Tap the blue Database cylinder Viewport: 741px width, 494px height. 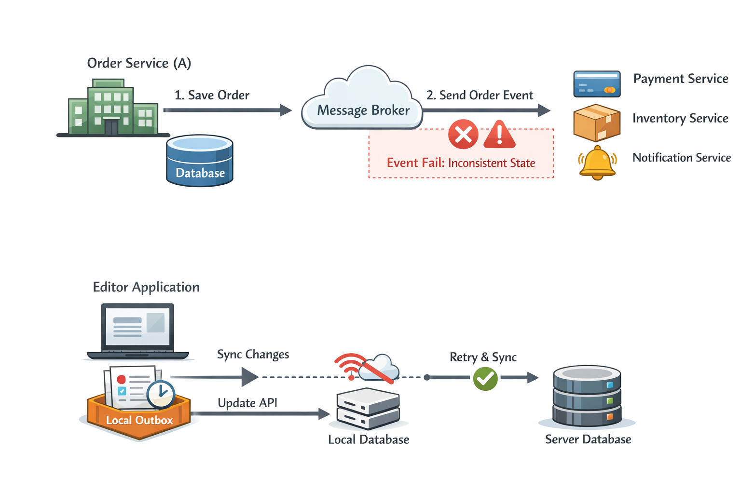coord(199,161)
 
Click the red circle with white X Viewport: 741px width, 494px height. coord(463,134)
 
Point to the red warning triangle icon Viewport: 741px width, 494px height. coord(499,134)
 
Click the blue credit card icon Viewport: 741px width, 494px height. coord(597,84)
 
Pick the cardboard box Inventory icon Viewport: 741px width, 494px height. coord(597,123)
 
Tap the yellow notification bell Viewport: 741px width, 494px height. coord(597,163)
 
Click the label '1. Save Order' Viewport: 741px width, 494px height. coord(212,95)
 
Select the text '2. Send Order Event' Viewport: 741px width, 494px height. coord(480,95)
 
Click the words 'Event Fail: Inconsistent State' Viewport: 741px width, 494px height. coord(461,163)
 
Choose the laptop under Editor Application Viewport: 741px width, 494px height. coord(137,332)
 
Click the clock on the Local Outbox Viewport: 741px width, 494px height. coord(161,394)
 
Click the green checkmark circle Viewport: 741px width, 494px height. coord(485,379)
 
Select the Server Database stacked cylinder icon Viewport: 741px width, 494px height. coord(587,397)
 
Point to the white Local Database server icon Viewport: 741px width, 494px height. coord(368,409)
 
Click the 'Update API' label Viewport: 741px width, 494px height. coord(247,403)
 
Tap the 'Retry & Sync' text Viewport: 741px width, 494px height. coord(483,357)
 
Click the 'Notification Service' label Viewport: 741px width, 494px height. coord(681,158)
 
